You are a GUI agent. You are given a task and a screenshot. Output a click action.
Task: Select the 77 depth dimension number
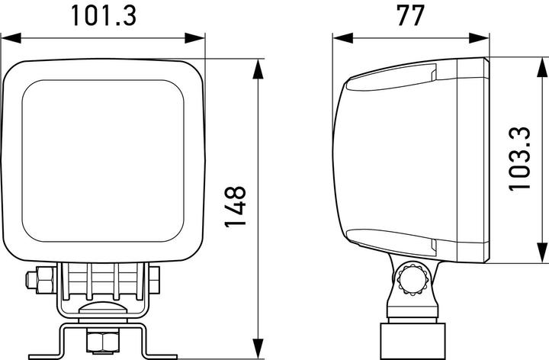pyautogui.click(x=409, y=15)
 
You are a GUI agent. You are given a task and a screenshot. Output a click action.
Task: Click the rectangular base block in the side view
pyautogui.click(x=412, y=339)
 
